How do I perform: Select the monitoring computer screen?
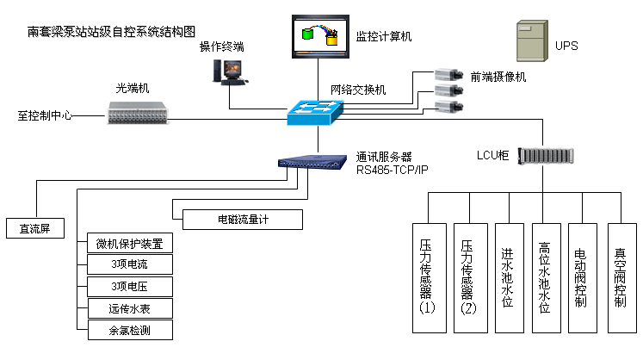click(x=319, y=37)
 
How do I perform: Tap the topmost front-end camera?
click(x=445, y=76)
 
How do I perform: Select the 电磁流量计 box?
click(x=236, y=220)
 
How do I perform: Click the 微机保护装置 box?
click(x=129, y=243)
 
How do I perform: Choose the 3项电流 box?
click(x=129, y=264)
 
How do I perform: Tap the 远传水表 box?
click(x=129, y=308)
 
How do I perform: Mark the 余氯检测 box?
click(x=129, y=330)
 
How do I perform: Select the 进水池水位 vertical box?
click(x=507, y=278)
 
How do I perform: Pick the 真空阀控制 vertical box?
click(x=621, y=278)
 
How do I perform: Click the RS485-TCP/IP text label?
click(x=392, y=169)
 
